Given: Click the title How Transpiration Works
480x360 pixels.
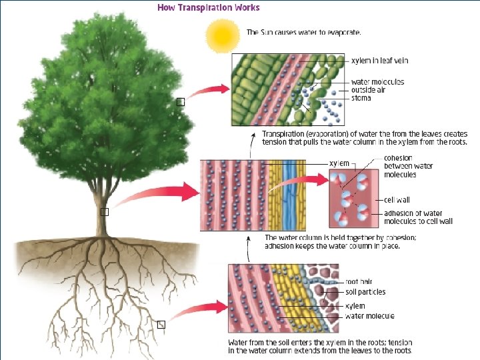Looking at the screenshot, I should coord(208,8).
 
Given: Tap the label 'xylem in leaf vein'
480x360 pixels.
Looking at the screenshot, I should coord(379,61).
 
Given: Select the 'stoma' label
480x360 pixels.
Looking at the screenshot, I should coord(361,98).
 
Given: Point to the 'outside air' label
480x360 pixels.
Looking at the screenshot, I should coord(368,90).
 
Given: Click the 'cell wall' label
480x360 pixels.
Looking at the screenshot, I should coord(397,199).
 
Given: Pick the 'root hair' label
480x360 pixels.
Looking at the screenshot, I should coord(358,282).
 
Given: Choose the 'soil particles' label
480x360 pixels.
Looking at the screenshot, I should coord(365,292).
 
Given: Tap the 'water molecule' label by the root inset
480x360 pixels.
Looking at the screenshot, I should coord(369,316).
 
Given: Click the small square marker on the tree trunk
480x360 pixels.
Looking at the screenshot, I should coord(104,211).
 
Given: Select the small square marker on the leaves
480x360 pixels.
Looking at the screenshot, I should coord(180,102).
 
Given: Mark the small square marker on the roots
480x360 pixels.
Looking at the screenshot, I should coord(161,325).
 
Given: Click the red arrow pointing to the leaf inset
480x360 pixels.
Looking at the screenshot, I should coord(212,91).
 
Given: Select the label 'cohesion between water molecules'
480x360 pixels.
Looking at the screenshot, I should coord(408,166).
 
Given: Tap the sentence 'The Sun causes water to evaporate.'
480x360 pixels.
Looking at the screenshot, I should coord(303,32).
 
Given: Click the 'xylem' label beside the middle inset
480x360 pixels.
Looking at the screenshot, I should coord(339,163).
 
